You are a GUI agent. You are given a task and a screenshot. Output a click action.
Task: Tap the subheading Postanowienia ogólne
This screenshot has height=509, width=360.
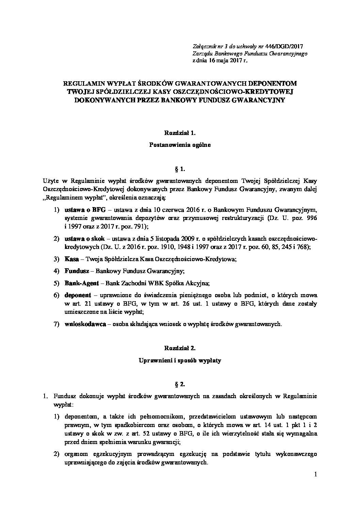(x=180, y=145)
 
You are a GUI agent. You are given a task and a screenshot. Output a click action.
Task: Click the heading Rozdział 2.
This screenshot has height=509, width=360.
(x=180, y=349)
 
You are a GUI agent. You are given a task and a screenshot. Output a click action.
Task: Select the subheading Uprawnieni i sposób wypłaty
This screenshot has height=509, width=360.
(x=180, y=360)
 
